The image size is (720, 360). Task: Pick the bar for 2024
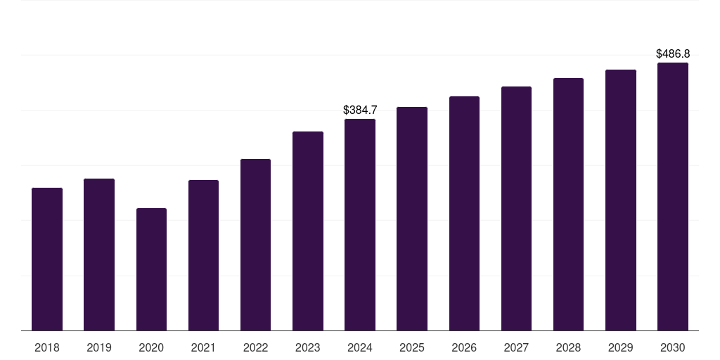360,224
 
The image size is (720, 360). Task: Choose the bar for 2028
568,204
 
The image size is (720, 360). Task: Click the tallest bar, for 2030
673,196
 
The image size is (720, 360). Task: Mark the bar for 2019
99,255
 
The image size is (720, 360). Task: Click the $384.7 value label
360,110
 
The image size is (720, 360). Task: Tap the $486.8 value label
673,54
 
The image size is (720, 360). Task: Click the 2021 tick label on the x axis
203,347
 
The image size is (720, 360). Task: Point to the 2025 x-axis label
412,347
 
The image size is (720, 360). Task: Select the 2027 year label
516,347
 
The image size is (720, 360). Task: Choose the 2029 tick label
621,347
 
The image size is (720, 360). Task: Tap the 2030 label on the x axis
673,347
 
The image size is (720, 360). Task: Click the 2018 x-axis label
47,347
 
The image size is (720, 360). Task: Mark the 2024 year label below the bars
360,347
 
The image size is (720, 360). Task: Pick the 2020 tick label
151,347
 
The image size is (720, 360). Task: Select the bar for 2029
621,200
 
